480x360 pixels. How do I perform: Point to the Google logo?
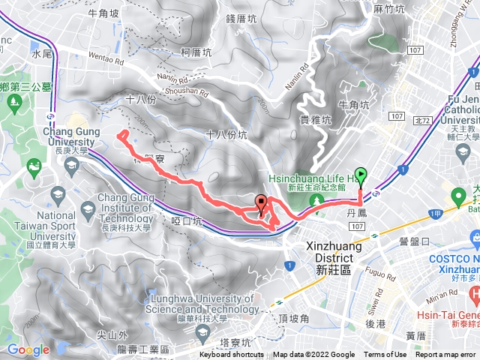pos(28,349)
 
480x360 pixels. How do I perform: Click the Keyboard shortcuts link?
pos(231,355)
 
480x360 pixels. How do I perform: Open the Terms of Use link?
pos(385,355)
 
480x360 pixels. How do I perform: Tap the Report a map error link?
pos(446,355)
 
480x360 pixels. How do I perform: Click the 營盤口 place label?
pos(414,241)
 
